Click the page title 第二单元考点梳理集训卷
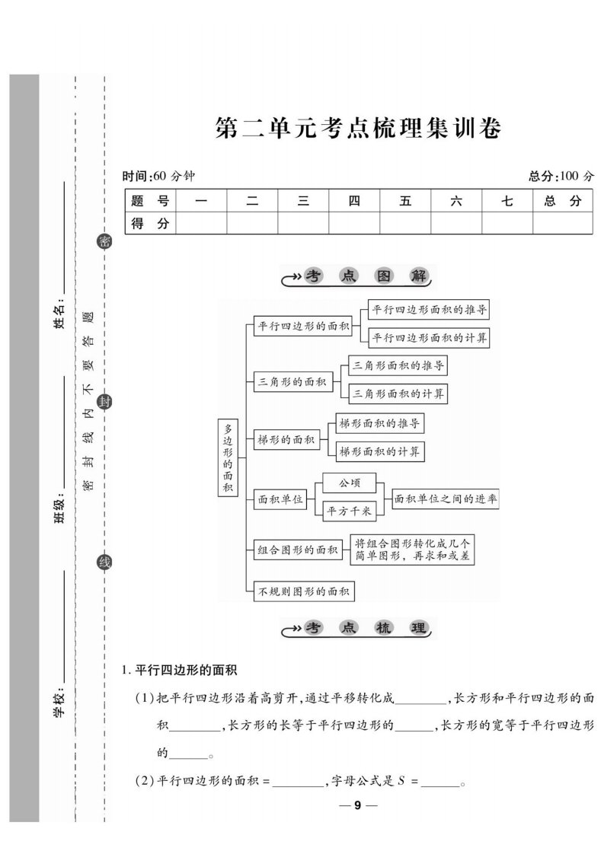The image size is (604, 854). [x=358, y=129]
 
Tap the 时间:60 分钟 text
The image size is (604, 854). [x=158, y=176]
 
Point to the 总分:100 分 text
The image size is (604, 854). [x=561, y=176]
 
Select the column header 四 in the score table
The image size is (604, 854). [x=354, y=201]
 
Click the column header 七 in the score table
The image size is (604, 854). [x=507, y=201]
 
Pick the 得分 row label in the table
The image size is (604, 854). [x=150, y=223]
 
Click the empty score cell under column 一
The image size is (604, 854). [x=201, y=223]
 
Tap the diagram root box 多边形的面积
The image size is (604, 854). [x=228, y=457]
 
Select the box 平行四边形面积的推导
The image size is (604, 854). [x=429, y=309]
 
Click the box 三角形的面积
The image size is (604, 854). [x=292, y=382]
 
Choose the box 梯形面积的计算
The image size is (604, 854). [x=379, y=451]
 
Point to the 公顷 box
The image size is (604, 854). [x=350, y=483]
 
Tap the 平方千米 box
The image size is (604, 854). [x=350, y=511]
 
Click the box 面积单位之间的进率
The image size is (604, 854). [x=446, y=499]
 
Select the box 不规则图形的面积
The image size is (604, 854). [x=304, y=591]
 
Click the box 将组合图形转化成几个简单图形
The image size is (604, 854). [x=412, y=550]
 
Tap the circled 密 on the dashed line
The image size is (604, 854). [x=104, y=241]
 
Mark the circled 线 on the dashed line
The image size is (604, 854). [x=104, y=562]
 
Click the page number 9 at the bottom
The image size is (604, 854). [x=358, y=805]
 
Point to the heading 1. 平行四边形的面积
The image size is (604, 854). [x=179, y=670]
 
